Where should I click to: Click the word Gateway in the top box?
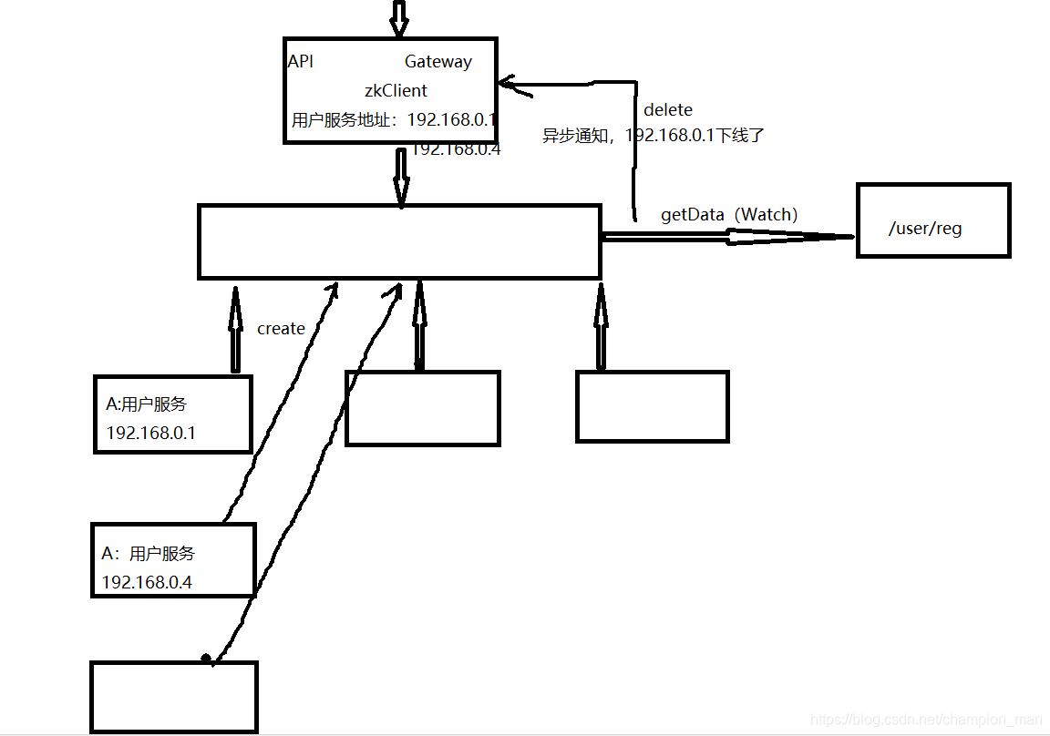[438, 62]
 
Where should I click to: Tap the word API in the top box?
[301, 62]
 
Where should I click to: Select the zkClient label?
[396, 91]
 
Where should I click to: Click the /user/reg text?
[925, 229]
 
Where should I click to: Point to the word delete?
[668, 110]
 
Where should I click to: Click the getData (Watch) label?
[729, 215]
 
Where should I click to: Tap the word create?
[281, 329]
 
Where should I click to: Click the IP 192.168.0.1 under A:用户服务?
[150, 433]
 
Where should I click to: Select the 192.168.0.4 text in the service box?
[147, 582]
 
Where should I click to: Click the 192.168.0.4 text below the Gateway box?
[456, 149]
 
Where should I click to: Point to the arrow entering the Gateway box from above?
[397, 18]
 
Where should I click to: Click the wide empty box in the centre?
[399, 241]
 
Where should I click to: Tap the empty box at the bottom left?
[174, 697]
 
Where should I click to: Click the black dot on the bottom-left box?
[206, 657]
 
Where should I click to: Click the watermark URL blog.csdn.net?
[926, 721]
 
